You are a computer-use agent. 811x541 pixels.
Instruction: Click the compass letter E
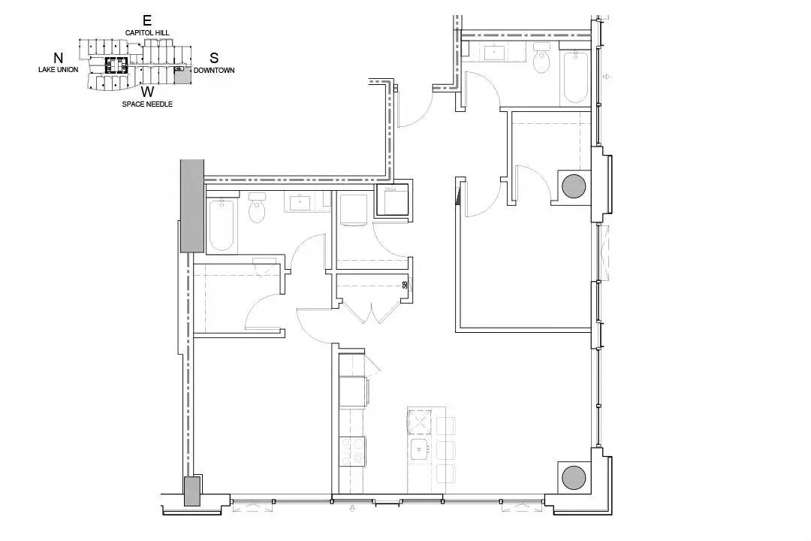147,21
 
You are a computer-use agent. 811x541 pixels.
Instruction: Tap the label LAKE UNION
59,69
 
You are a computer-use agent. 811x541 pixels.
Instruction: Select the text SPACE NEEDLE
147,104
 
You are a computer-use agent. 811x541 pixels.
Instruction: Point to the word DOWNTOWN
214,71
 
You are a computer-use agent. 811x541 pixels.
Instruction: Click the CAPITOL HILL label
147,32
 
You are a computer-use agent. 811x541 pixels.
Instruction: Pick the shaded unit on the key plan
182,77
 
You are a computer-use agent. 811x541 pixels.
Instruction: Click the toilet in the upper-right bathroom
541,57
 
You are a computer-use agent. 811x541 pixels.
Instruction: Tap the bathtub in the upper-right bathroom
575,77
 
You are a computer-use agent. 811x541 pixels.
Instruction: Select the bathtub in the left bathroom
222,225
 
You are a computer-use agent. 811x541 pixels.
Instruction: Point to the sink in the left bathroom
300,202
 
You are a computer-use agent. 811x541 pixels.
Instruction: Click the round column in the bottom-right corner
574,477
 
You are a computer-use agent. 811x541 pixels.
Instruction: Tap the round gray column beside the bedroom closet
574,186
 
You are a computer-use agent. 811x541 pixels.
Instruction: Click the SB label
405,284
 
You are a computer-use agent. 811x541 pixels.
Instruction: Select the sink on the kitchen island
420,449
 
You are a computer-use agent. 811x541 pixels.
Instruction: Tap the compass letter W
148,92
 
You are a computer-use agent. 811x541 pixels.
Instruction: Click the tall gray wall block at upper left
192,206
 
